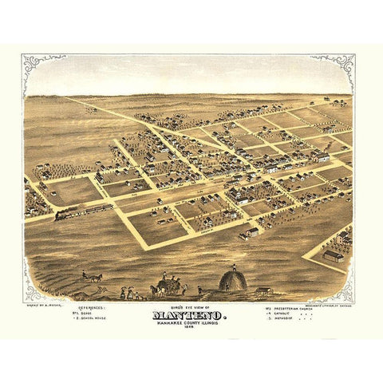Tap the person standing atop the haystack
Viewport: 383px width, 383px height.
coord(234,267)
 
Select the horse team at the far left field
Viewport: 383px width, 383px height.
coord(93,278)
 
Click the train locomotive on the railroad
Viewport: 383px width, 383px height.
coord(62,213)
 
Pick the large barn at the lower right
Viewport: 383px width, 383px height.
coord(334,256)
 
